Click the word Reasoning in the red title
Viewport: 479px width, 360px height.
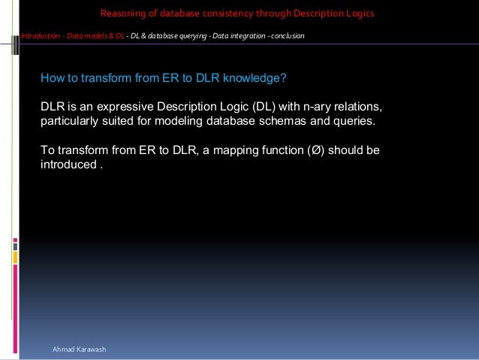coord(122,14)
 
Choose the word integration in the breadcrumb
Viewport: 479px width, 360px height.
coord(240,36)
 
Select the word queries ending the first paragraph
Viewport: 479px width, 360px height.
coord(353,121)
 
